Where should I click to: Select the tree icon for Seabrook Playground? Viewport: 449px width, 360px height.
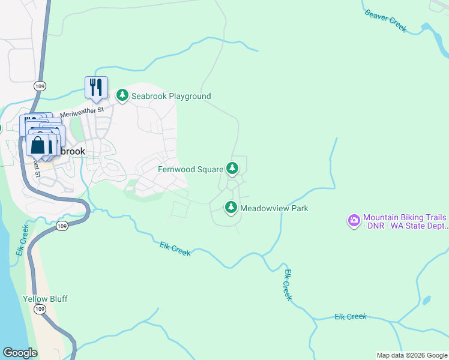(122, 95)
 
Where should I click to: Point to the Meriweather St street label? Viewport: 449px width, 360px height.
(82, 112)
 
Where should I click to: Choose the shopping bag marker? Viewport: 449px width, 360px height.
(37, 145)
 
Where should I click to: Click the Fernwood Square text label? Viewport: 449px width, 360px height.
(190, 169)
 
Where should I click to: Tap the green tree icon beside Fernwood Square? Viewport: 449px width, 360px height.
(231, 169)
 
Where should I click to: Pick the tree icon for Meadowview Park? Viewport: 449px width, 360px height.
(231, 208)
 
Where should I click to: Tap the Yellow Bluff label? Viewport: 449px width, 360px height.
(45, 299)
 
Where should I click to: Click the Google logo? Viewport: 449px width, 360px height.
(20, 353)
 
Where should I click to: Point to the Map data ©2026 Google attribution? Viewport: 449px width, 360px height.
(412, 355)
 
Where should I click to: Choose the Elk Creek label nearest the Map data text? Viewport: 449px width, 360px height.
(350, 316)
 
